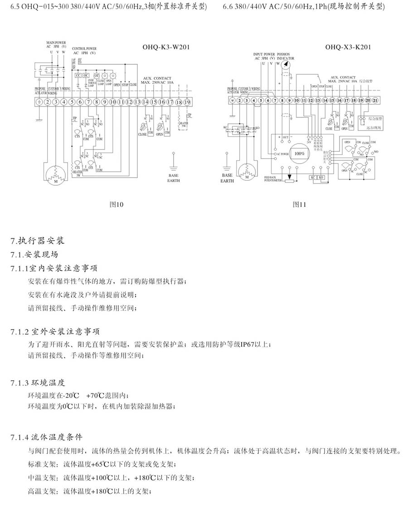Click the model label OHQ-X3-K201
349,46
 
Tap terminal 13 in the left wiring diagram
137,102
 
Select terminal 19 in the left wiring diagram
186,102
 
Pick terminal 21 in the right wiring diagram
374,100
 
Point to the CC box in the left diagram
78,75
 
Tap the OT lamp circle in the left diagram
97,75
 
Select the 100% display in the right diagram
300,154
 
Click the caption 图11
300,204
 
